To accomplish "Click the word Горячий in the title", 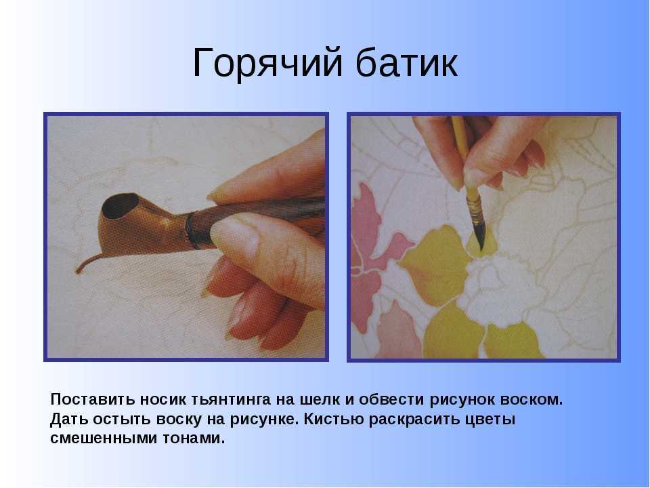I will pos(263,64).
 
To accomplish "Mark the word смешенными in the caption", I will pos(104,438).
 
